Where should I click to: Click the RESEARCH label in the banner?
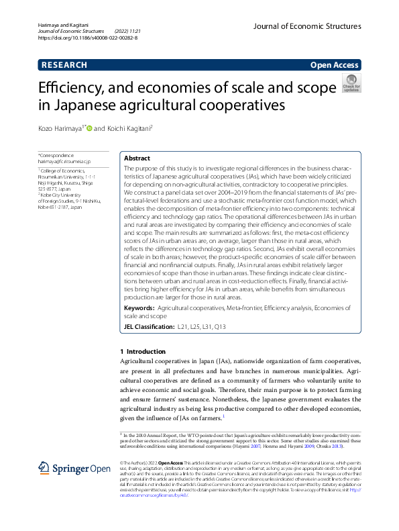64,65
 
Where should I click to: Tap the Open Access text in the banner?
335,65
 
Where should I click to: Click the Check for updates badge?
351,83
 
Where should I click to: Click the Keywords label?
139,307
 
